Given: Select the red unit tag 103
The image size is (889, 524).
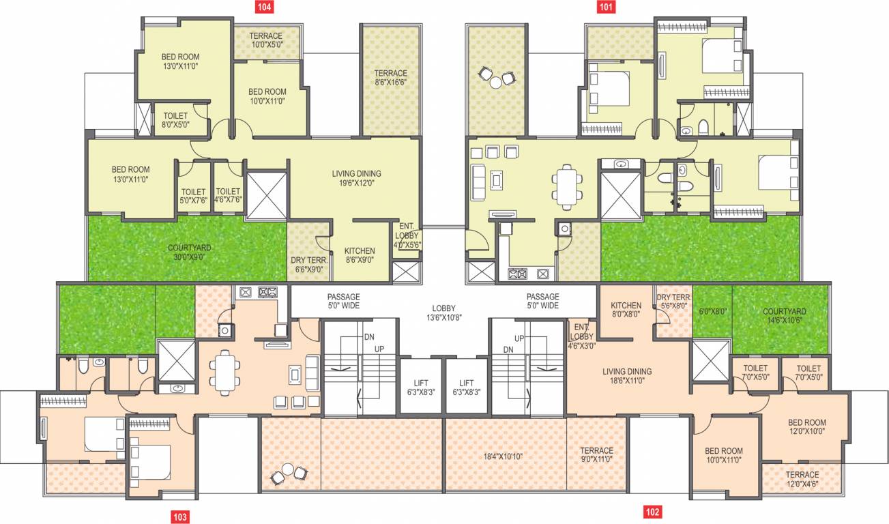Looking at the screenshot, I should (179, 516).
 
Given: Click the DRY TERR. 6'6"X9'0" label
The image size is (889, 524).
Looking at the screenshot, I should (310, 264).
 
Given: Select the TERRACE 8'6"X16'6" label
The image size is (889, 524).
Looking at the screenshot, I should (390, 78).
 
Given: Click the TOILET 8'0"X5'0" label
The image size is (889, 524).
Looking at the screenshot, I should (175, 120).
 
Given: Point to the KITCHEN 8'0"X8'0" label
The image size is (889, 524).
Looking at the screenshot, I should (626, 310).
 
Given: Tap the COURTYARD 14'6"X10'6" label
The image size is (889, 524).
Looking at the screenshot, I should (783, 315).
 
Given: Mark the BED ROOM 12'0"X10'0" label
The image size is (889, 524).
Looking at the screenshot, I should (806, 426).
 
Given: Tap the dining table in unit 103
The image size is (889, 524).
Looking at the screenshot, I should (224, 372).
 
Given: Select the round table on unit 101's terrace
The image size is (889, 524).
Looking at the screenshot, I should (496, 81).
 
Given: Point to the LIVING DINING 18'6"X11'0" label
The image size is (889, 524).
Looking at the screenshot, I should (626, 376).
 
